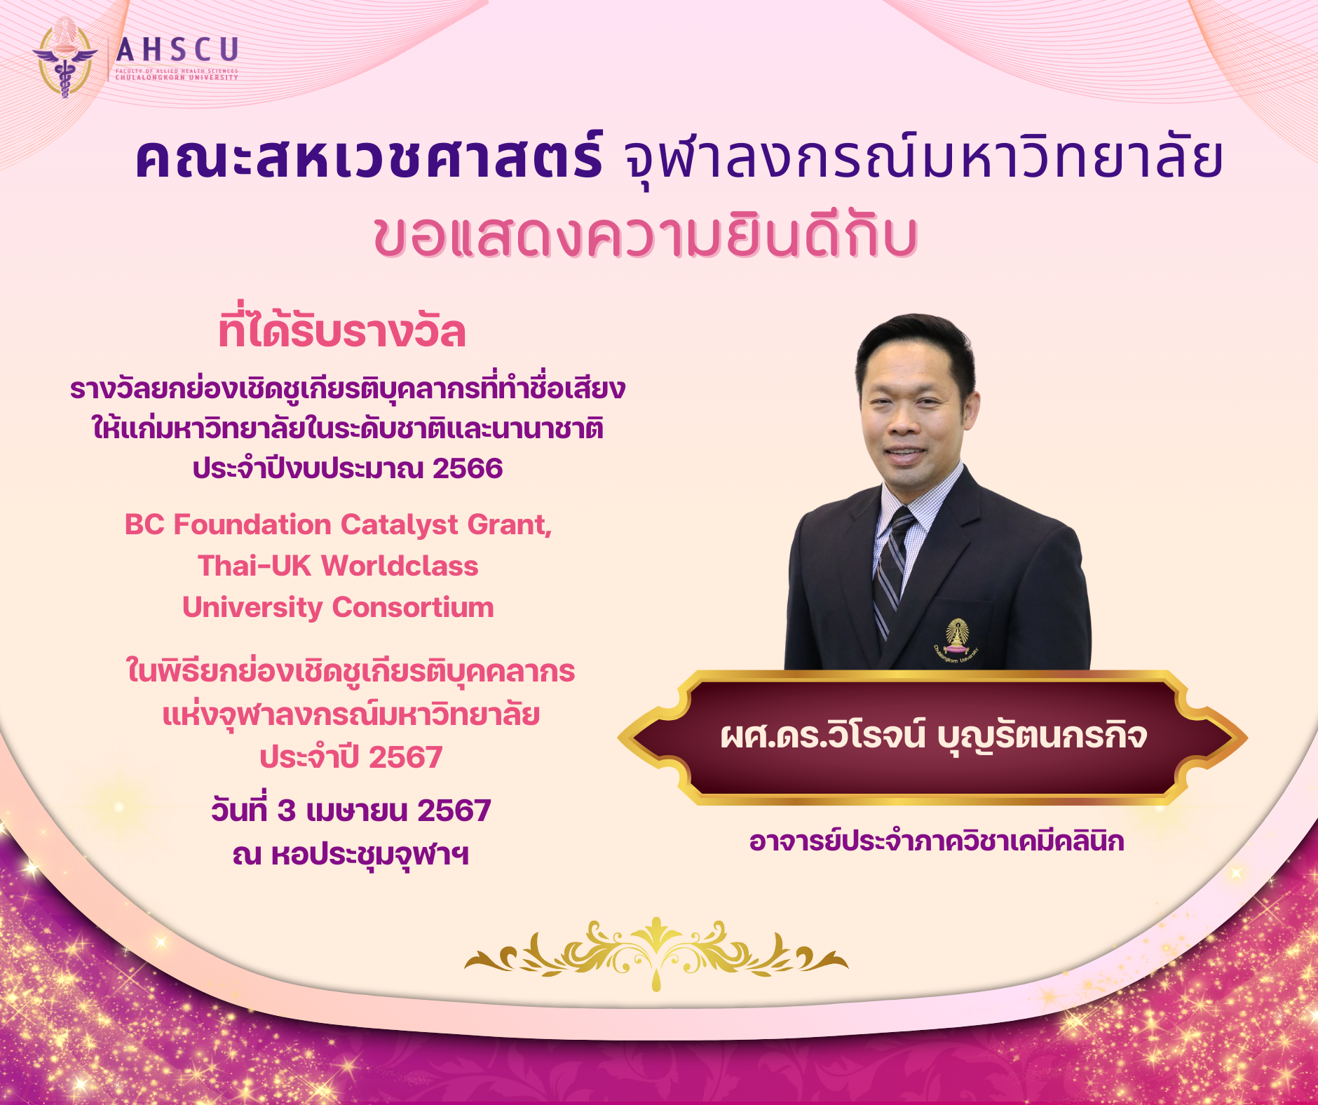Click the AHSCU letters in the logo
pos(177,50)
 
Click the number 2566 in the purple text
pos(468,468)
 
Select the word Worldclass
pos(400,566)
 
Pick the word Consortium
pos(413,607)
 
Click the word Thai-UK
pos(254,566)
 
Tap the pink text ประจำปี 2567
pos(351,757)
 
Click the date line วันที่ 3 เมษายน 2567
pos(351,811)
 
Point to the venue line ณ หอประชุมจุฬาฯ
pos(351,855)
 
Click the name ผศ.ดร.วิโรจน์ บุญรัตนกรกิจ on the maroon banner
pos(933,736)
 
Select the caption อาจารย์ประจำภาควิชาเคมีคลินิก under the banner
pos(937,841)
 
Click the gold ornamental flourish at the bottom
pos(656,954)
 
